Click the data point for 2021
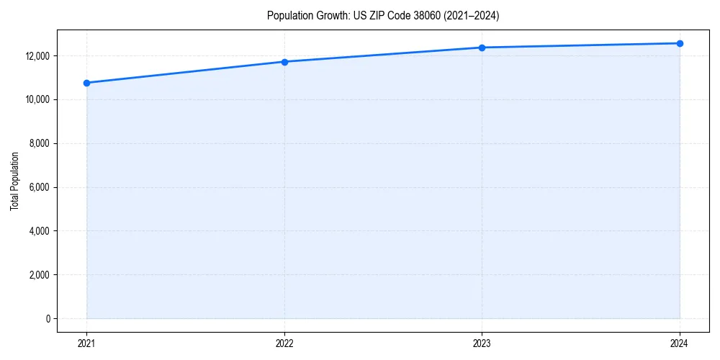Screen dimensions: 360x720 pyautogui.click(x=86, y=83)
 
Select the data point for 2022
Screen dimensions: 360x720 pyautogui.click(x=284, y=62)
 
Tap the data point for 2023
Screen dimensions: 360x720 pyautogui.click(x=482, y=48)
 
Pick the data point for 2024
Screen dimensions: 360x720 pyautogui.click(x=680, y=43)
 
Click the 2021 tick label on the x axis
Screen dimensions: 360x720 pyautogui.click(x=86, y=343)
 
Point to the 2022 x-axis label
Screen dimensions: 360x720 pyautogui.click(x=284, y=343)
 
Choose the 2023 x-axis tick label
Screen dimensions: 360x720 pyautogui.click(x=482, y=343)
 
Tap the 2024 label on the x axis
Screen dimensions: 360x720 pyautogui.click(x=680, y=343)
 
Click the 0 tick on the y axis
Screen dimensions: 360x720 pyautogui.click(x=48, y=319)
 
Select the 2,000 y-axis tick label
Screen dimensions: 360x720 pyautogui.click(x=39, y=275)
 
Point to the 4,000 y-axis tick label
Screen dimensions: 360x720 pyautogui.click(x=39, y=231)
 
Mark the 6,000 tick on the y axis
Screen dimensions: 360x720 pyautogui.click(x=39, y=187)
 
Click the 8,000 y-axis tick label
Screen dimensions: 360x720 pyautogui.click(x=39, y=143)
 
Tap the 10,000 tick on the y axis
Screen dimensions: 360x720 pyautogui.click(x=37, y=99)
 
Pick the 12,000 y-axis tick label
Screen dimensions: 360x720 pyautogui.click(x=37, y=56)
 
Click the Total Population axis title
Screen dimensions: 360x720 pyautogui.click(x=14, y=181)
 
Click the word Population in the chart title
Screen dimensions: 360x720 pyautogui.click(x=287, y=15)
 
